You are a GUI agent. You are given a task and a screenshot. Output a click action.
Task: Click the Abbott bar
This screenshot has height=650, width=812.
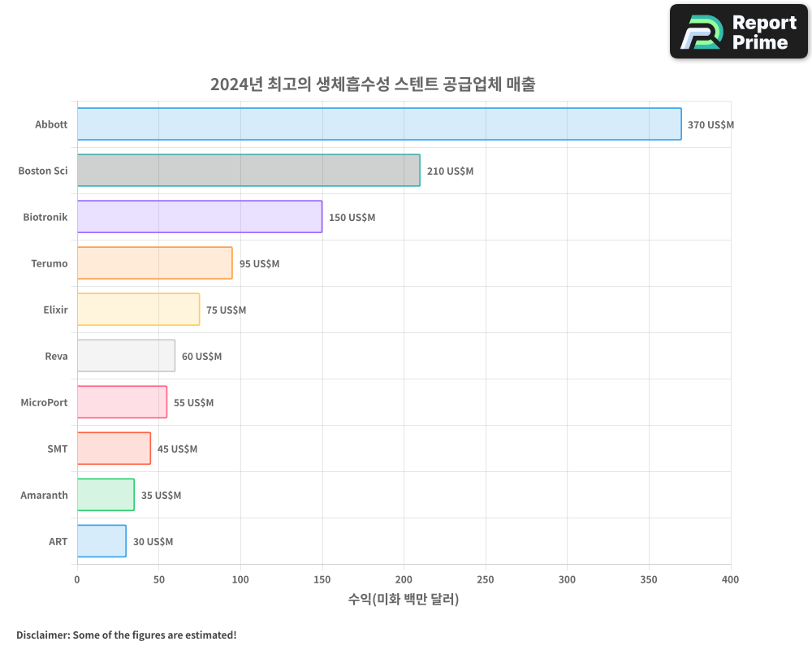tap(379, 124)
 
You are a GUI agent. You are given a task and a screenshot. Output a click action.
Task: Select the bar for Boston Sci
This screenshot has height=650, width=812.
tap(248, 171)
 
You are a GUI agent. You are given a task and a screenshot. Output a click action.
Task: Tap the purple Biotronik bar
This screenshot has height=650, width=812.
tap(200, 217)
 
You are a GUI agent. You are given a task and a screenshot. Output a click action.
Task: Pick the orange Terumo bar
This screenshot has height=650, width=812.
tap(155, 263)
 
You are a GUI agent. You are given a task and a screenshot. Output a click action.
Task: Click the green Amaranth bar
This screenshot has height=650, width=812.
tap(106, 495)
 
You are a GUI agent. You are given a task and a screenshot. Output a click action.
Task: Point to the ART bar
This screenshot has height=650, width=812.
tap(101, 541)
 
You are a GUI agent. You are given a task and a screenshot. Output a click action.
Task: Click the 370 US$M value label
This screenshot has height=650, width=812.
tap(710, 125)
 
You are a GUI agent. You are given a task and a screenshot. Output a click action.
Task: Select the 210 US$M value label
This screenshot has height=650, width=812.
tap(450, 171)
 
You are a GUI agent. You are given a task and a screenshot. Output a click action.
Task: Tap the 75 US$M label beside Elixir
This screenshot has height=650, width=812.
tap(226, 310)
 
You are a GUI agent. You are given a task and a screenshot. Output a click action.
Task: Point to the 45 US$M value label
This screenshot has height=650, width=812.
tap(177, 449)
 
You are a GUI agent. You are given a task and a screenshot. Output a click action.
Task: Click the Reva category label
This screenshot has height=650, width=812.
tap(56, 356)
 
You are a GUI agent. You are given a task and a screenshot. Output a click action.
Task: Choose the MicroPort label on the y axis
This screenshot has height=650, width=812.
tap(44, 402)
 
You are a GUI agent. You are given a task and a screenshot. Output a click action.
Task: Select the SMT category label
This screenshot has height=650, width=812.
tap(57, 448)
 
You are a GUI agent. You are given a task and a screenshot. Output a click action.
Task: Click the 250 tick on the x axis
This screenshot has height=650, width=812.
tap(486, 579)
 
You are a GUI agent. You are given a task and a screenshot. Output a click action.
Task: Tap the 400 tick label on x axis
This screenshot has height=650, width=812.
tap(730, 579)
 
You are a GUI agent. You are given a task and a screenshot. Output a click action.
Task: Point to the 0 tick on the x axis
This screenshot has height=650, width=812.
tap(77, 579)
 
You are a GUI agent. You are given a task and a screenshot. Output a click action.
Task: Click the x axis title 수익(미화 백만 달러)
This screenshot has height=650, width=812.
tap(404, 600)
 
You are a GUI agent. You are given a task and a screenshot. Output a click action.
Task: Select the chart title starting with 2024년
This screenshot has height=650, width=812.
tap(373, 84)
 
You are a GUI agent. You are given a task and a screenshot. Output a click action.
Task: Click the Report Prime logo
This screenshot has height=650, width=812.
tap(739, 32)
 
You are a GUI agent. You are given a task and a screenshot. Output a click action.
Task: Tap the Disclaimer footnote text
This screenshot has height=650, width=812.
tap(127, 635)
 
